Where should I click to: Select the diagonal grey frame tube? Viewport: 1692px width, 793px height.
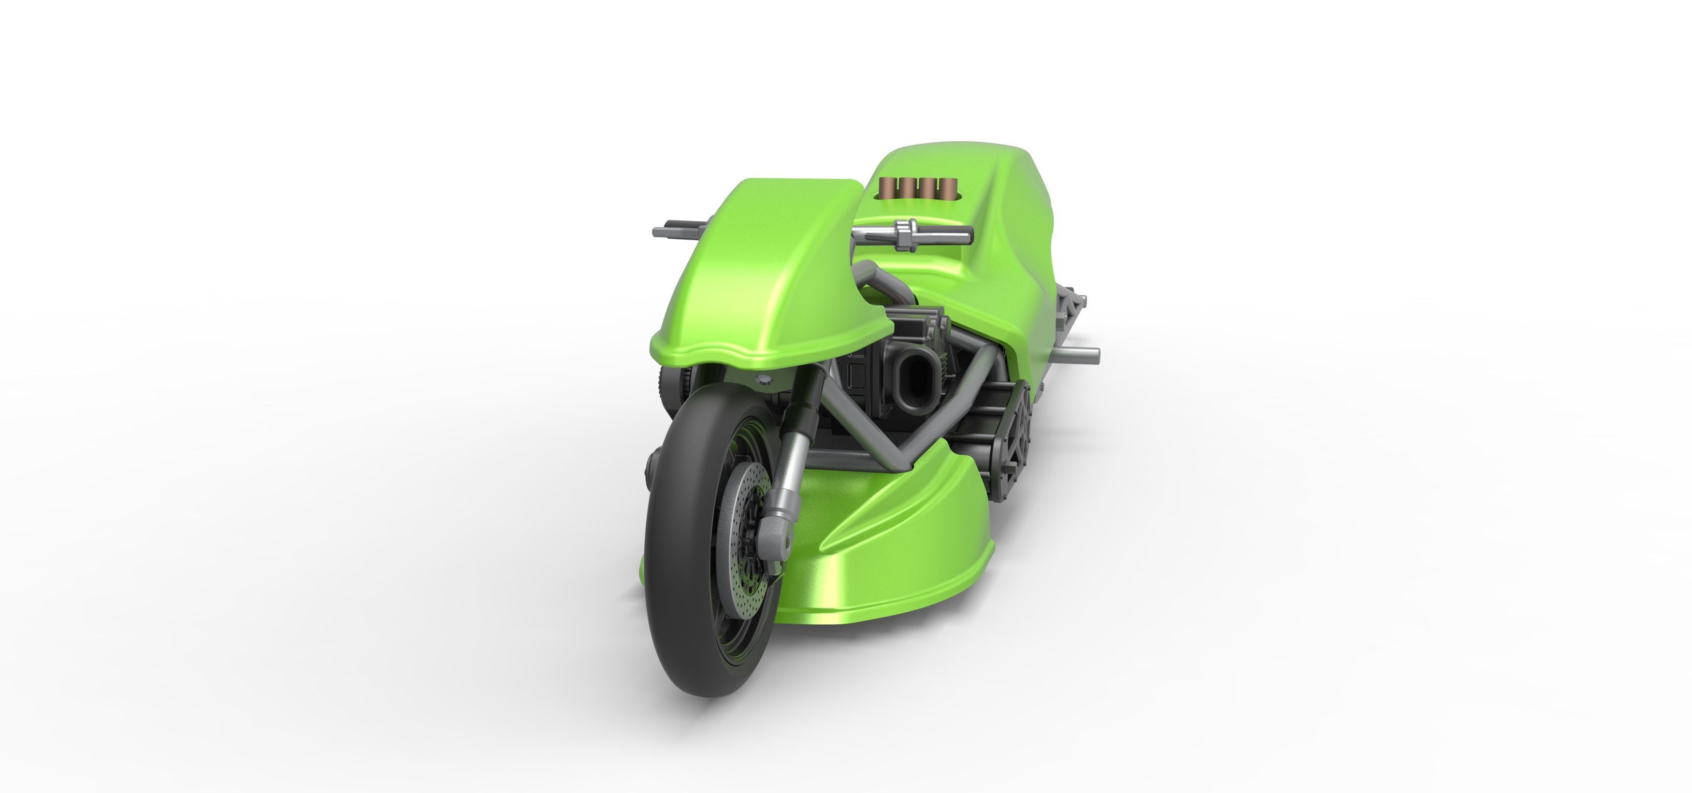click(x=854, y=420)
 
